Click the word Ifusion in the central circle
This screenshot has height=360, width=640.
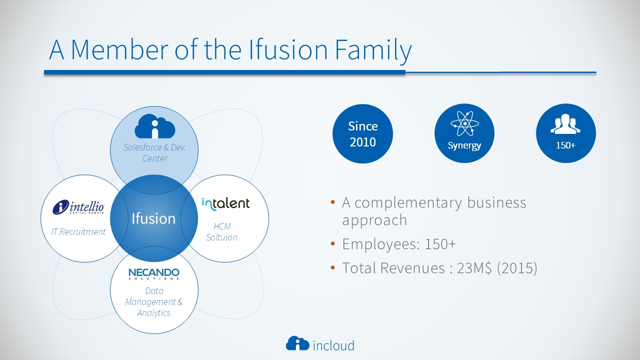pos(153,218)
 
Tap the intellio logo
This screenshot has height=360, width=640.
pos(78,207)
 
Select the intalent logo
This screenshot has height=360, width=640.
pos(225,204)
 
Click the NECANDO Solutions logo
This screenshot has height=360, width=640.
pos(154,273)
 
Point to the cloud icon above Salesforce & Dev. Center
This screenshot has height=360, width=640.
pos(155,126)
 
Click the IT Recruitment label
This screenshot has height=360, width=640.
pos(78,231)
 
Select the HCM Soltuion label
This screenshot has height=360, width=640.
pos(221,231)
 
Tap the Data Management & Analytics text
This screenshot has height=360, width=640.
pos(153,301)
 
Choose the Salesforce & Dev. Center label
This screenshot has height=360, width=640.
pos(154,152)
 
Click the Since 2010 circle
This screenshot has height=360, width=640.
pos(362,133)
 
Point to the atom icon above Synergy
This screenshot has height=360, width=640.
pos(464,123)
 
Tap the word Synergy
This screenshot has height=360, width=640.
pos(464,145)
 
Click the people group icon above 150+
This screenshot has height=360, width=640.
pos(565,123)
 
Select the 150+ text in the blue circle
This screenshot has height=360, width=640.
pos(565,145)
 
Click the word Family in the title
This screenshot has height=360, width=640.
pos(373,50)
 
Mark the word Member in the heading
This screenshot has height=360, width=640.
pos(119,49)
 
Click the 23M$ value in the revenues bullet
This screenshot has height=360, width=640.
pos(474,268)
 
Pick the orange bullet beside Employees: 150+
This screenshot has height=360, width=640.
pos(332,244)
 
